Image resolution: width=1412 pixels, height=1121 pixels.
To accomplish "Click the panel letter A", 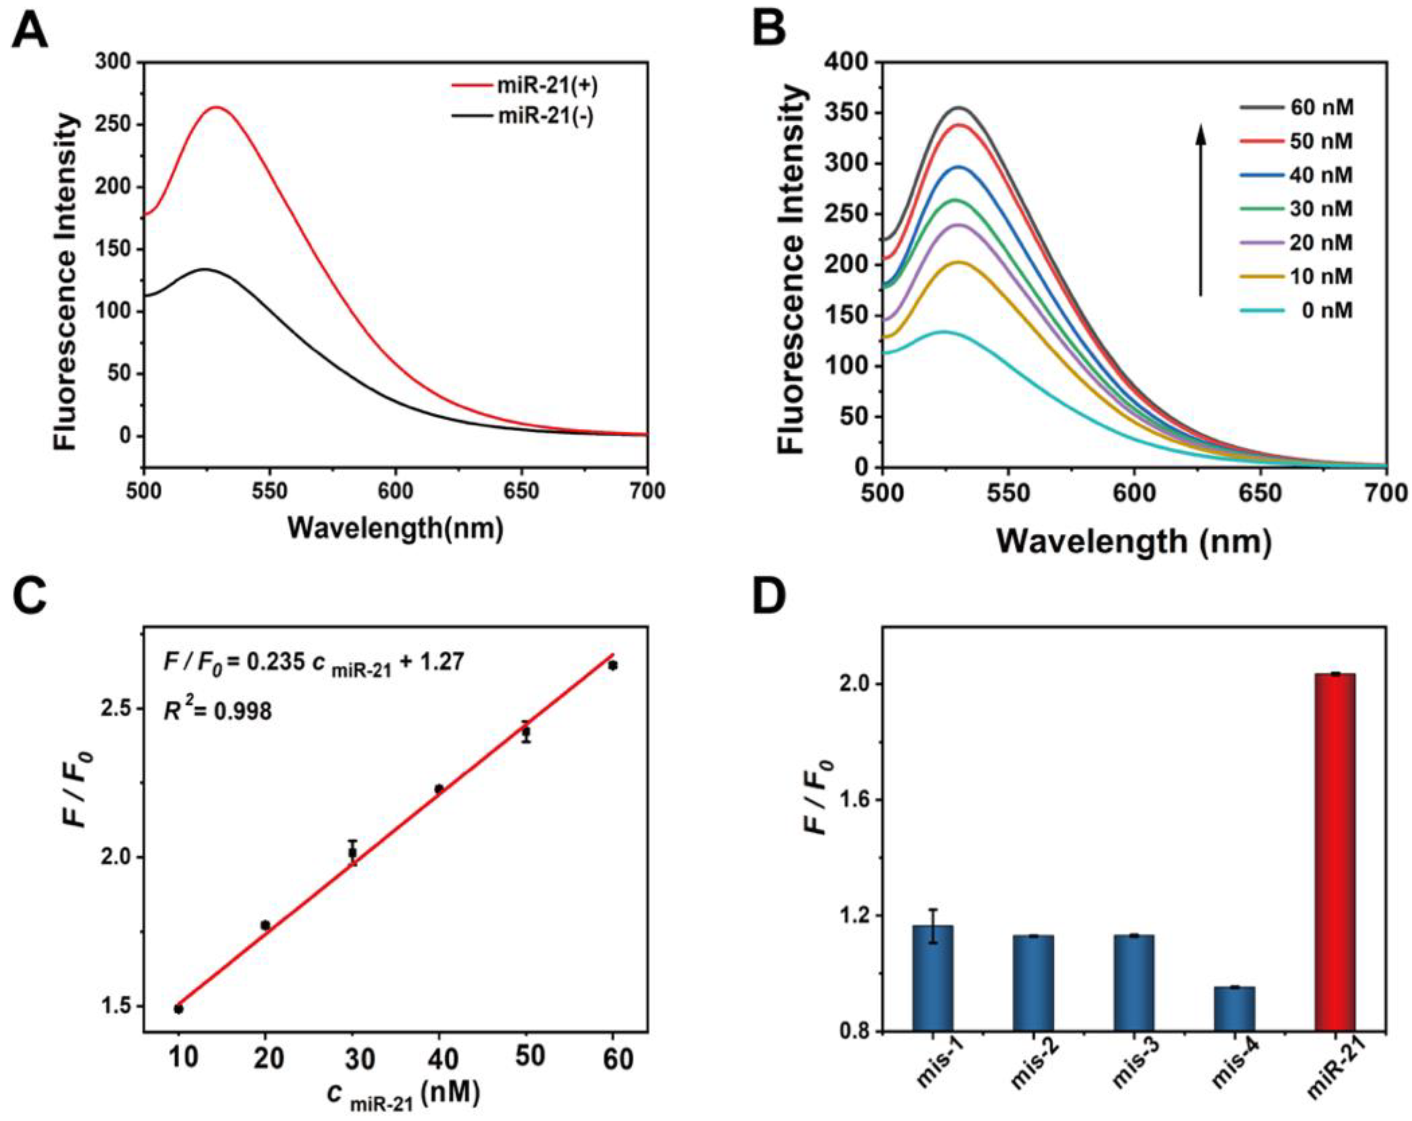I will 30,33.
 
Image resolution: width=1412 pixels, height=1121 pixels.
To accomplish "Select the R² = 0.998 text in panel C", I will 217,710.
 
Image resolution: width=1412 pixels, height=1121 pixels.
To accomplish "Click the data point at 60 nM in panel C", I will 612,665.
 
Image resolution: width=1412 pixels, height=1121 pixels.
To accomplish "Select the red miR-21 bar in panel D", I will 1334,851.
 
